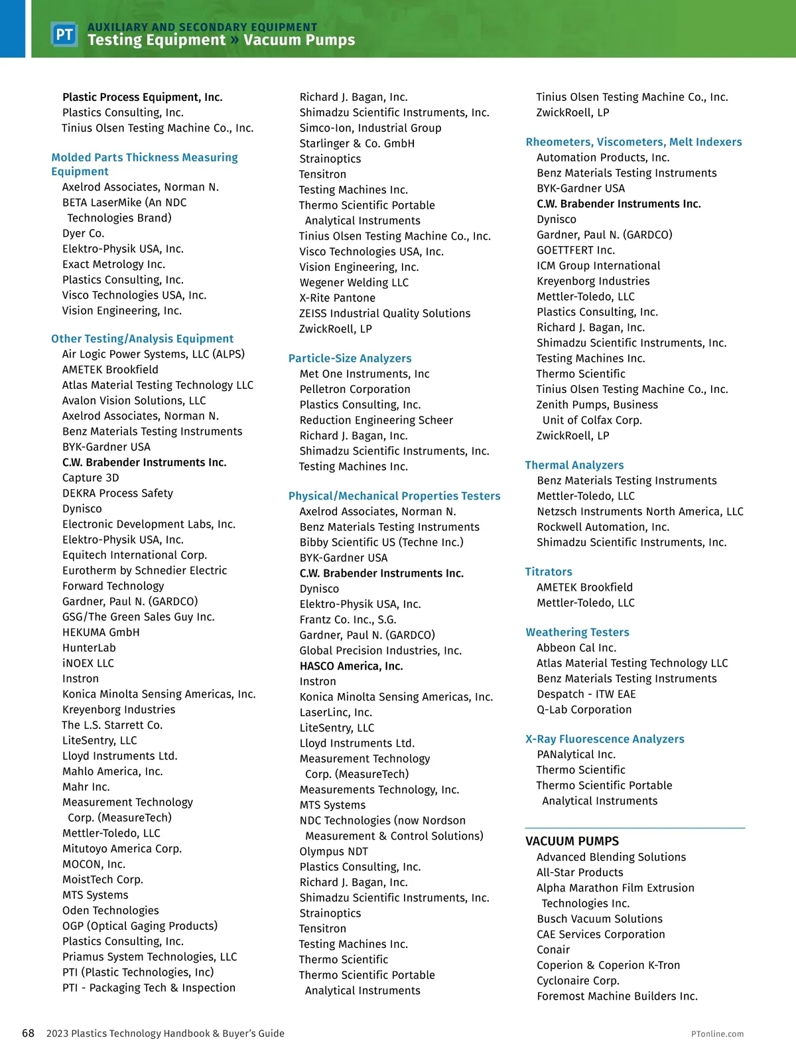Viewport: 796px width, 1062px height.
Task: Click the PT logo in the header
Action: [x=64, y=35]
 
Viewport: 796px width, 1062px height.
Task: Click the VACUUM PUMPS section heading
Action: [x=572, y=841]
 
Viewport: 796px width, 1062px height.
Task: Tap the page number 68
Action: [x=29, y=1033]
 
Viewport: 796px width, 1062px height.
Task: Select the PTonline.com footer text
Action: [x=717, y=1033]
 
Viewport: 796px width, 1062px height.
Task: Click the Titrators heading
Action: [x=549, y=571]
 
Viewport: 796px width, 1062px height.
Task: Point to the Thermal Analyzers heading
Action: [x=574, y=465]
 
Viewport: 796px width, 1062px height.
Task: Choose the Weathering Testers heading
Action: [x=577, y=633]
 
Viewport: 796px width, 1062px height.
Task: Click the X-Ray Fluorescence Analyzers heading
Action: [x=604, y=739]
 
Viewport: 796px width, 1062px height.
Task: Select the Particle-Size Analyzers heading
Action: [x=350, y=358]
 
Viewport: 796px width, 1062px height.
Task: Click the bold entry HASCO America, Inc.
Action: [x=351, y=666]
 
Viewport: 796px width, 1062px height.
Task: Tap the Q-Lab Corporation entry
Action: [x=584, y=710]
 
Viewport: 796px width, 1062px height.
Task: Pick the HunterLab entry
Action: [x=89, y=648]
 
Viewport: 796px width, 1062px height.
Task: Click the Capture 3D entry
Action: [x=91, y=478]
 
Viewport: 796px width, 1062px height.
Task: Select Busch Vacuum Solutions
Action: [x=600, y=919]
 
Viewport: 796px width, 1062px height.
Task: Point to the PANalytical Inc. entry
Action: [x=576, y=754]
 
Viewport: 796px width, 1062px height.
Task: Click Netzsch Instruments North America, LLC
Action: [x=640, y=511]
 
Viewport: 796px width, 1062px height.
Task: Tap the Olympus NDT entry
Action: [x=334, y=851]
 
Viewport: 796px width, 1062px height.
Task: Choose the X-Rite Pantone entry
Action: [x=337, y=298]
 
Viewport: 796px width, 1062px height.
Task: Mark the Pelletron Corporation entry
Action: [x=355, y=389]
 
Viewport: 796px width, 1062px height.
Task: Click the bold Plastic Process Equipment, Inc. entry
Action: [x=143, y=97]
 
